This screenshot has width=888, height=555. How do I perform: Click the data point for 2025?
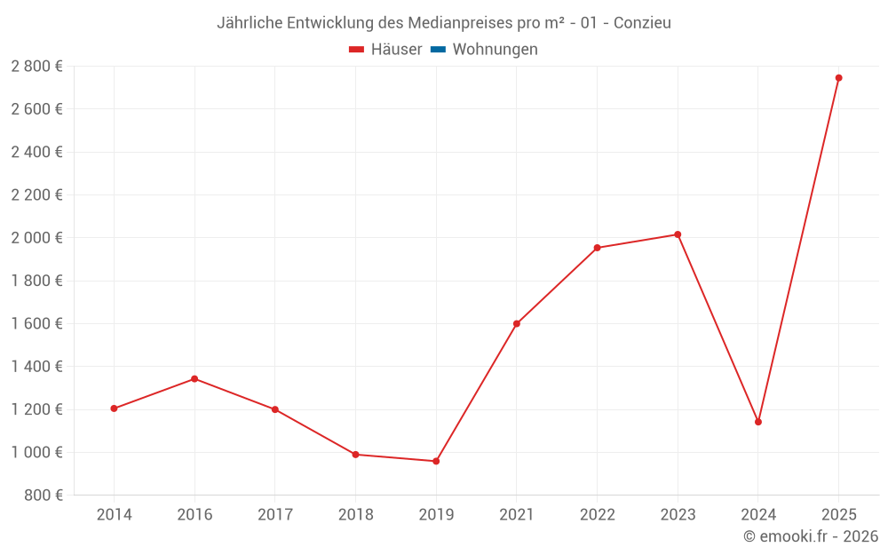click(x=838, y=78)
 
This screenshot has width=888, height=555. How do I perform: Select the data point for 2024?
click(x=758, y=422)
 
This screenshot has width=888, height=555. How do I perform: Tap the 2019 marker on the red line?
click(x=436, y=461)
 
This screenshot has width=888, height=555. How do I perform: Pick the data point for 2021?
click(x=517, y=323)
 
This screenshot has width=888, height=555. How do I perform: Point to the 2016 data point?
click(x=194, y=379)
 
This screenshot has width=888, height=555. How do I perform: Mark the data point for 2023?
click(x=678, y=234)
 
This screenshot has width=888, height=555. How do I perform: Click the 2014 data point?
click(x=114, y=408)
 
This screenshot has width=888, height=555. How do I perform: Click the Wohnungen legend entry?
click(x=495, y=50)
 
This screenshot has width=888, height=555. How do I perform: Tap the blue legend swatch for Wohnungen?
click(x=438, y=50)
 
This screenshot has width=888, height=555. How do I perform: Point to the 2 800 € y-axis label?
click(x=36, y=67)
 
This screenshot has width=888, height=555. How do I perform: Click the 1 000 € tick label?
click(x=36, y=452)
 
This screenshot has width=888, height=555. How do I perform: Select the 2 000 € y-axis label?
click(x=36, y=238)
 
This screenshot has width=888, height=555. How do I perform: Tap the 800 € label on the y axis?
click(x=43, y=495)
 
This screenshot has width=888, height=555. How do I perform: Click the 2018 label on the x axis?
click(x=355, y=514)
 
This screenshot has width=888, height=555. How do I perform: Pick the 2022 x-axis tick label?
click(x=597, y=514)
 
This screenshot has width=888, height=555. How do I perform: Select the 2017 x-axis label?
click(x=274, y=514)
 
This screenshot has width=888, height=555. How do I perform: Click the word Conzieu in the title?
click(x=642, y=23)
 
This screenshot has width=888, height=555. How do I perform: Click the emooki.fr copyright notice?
click(x=811, y=536)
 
